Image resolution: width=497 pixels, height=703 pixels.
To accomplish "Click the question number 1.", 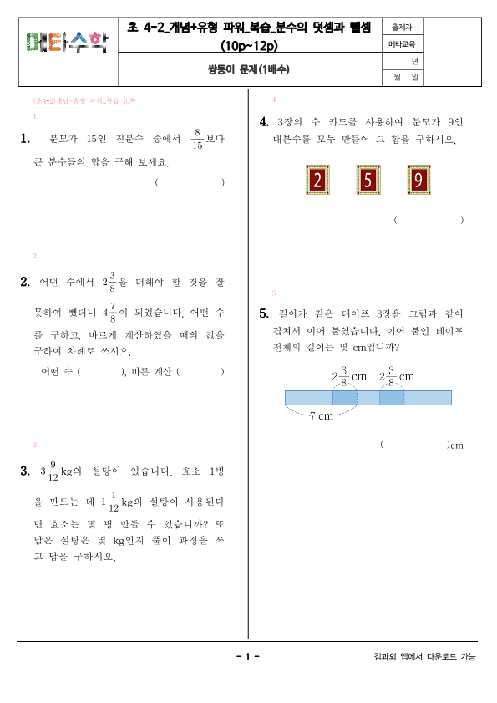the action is point(25,139).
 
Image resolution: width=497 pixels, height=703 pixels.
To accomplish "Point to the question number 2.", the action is point(25,282).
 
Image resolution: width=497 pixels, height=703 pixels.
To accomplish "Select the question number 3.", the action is point(25,472).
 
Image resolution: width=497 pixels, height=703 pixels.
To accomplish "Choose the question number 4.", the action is point(264,122).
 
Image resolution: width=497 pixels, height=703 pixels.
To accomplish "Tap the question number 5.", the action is point(264,313).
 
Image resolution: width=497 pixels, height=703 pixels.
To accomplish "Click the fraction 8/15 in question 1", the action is point(197,139).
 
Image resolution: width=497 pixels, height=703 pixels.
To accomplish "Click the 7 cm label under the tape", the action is point(322,415).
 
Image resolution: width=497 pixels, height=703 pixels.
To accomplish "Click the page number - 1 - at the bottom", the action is point(248,657).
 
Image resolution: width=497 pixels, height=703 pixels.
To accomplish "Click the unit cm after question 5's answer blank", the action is point(456,446).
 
